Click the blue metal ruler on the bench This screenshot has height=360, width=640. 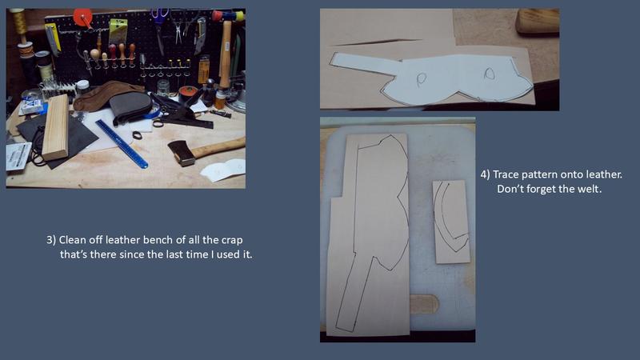point(122,144)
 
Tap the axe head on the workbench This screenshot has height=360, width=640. point(182,152)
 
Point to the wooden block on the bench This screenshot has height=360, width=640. point(55,127)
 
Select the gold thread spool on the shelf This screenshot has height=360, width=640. point(20,22)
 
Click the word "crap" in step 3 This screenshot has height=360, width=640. point(232,240)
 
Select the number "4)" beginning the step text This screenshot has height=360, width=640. point(485,174)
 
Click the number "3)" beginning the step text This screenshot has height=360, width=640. point(51,240)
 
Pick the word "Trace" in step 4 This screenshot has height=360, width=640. point(506,174)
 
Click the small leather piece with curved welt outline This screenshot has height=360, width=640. point(451,222)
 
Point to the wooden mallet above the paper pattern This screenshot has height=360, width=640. point(537,21)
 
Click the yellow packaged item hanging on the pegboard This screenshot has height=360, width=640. point(118,31)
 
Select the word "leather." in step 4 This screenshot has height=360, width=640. point(604,174)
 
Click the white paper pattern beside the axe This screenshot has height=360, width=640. point(223,169)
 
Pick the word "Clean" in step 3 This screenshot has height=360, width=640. point(70,239)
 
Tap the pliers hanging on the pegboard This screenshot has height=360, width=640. point(178,26)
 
